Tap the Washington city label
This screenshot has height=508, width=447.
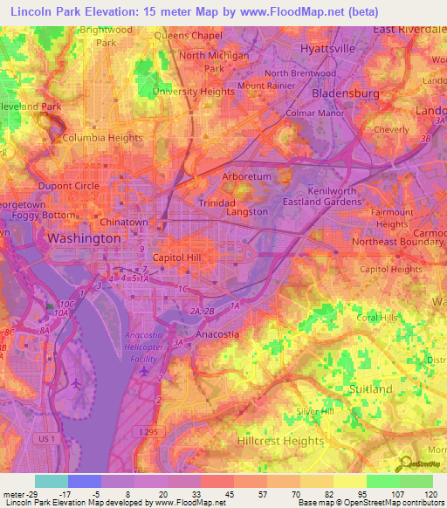[84, 238]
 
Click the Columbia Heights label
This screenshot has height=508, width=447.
[102, 138]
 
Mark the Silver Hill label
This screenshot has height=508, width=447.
[315, 411]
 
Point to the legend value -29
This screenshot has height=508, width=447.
[31, 496]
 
